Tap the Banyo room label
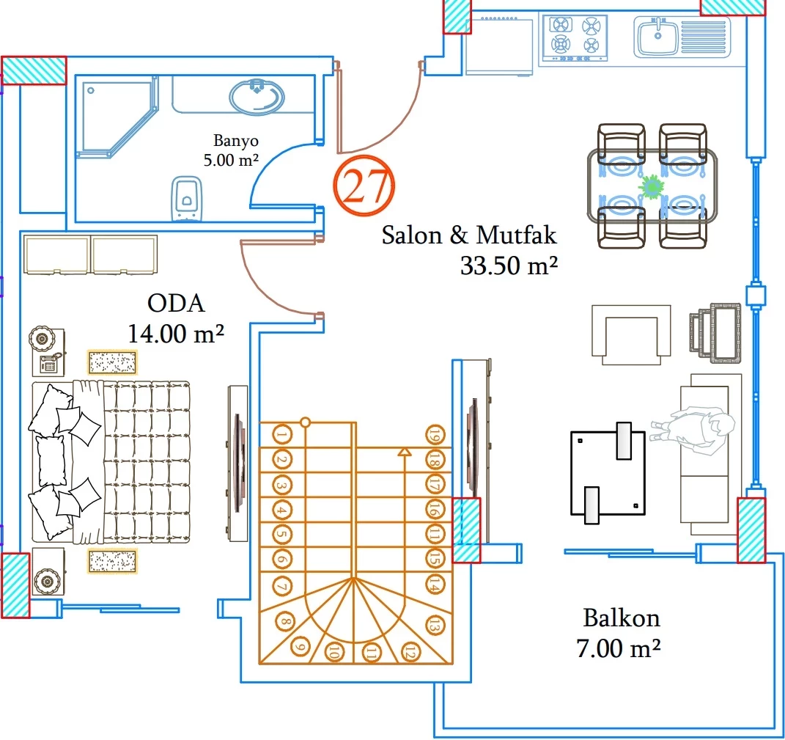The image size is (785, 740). (x=235, y=141)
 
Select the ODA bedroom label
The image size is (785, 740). (x=176, y=303)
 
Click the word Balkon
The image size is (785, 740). (x=621, y=618)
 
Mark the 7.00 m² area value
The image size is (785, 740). (x=619, y=648)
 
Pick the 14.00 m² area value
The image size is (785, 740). (x=176, y=334)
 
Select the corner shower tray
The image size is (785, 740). (x=116, y=117)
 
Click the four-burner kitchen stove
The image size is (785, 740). (x=575, y=37)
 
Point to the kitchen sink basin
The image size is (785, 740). (x=657, y=37)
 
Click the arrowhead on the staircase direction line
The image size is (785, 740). (x=403, y=452)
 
